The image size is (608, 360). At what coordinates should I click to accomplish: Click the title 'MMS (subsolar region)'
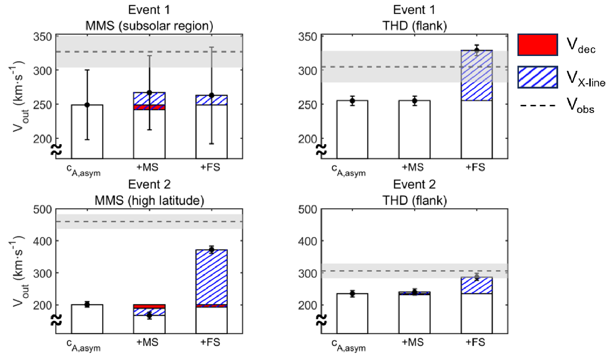click(149, 25)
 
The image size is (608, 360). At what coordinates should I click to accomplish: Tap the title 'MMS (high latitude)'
click(149, 202)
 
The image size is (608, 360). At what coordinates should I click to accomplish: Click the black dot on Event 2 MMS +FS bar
click(211, 249)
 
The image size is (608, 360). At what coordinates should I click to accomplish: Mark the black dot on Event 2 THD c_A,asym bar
click(352, 294)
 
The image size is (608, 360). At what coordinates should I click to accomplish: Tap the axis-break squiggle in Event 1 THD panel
click(322, 149)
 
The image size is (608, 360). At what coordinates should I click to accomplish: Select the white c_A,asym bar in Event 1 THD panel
click(352, 129)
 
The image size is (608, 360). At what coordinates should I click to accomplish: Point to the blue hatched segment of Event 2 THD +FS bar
click(476, 285)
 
